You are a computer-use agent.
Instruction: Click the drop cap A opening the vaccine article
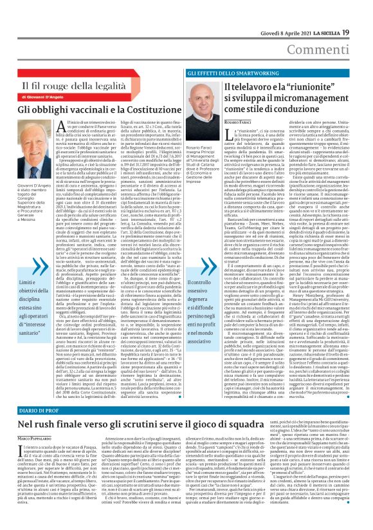(72, 126)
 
